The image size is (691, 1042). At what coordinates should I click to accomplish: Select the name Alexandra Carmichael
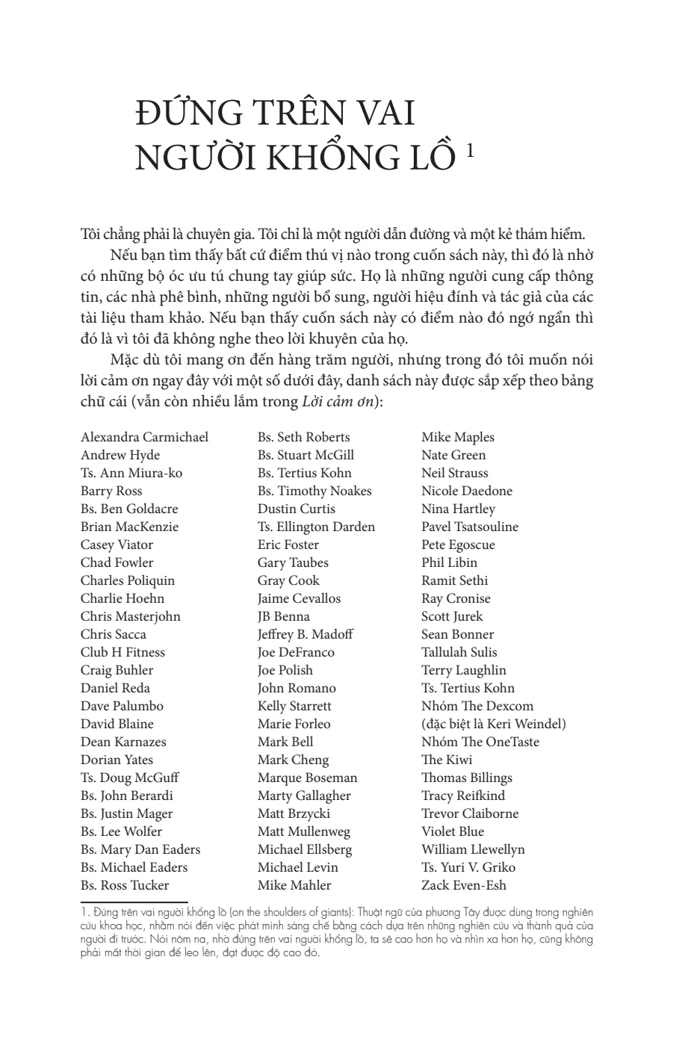point(144,437)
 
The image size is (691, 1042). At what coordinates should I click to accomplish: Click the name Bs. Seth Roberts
point(303,437)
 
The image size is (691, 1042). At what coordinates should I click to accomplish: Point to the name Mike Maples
point(457,437)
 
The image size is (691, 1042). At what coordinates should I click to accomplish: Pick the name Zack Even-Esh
point(463,885)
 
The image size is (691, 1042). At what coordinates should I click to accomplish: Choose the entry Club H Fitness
point(123,652)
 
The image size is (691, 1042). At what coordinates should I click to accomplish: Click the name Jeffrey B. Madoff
point(305,634)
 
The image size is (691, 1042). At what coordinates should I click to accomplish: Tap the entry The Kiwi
point(447,760)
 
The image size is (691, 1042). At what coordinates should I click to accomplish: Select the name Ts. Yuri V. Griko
point(468,867)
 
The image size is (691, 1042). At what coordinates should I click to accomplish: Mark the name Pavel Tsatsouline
point(469,527)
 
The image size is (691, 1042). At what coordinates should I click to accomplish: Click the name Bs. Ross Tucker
point(125,885)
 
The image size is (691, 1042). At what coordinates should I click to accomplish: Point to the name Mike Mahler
point(294,885)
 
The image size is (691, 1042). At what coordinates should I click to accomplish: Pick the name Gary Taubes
point(293,562)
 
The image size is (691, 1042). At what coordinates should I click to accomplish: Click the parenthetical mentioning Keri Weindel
point(493,724)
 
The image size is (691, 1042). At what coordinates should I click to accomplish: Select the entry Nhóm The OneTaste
point(480,742)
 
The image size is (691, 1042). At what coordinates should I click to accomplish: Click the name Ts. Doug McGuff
point(129,778)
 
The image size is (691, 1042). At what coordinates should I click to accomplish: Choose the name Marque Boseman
point(307,778)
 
